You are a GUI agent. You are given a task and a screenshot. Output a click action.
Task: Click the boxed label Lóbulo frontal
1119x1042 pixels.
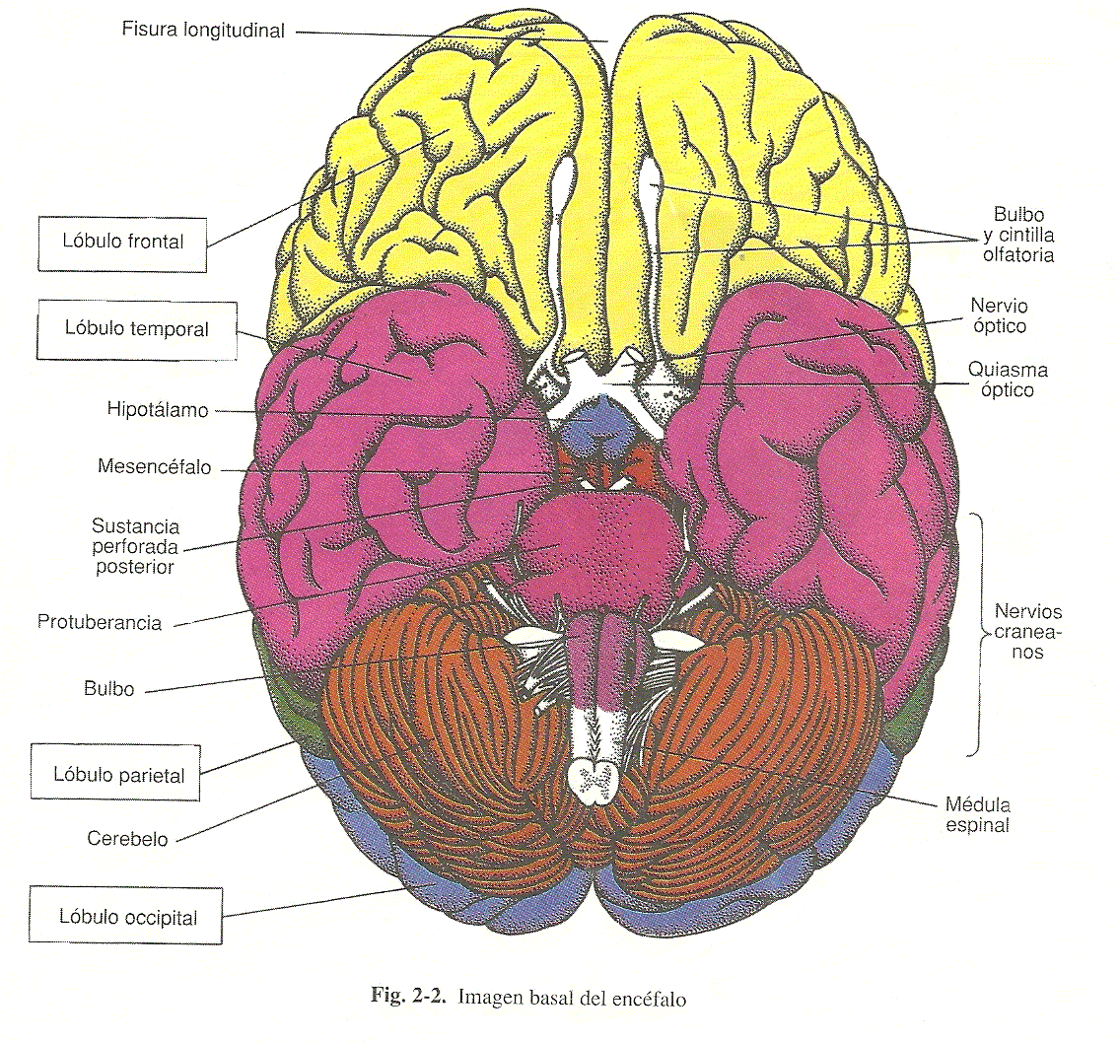122,243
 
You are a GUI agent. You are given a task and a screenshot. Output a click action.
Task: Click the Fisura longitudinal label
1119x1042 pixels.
203,30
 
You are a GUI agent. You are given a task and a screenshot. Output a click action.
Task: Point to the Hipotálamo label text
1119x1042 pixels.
159,410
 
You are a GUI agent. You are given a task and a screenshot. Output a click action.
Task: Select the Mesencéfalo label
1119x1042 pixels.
154,467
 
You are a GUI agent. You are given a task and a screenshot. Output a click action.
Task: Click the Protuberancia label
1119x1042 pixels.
99,622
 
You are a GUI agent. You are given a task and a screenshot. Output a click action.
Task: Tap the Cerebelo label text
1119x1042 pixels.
127,839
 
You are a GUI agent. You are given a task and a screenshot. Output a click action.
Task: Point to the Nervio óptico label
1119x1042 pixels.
998,315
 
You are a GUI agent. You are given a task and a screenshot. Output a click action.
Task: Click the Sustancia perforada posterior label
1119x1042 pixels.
136,546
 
